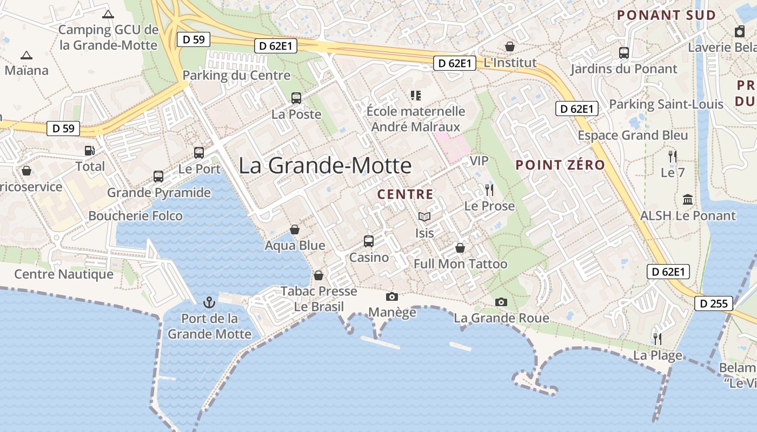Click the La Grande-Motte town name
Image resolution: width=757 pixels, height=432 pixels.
click(x=325, y=165)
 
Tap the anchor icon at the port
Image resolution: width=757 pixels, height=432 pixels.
click(x=209, y=302)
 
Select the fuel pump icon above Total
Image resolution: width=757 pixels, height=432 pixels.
click(x=90, y=151)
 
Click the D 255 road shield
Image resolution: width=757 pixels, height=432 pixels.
click(x=714, y=303)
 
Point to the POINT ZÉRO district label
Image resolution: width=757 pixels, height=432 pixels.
click(x=560, y=165)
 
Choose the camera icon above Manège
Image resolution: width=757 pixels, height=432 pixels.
click(x=392, y=296)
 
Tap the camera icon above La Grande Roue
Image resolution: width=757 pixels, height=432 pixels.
click(x=501, y=302)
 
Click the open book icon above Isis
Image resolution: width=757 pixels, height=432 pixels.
click(x=424, y=217)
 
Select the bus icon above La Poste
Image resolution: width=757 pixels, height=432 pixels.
click(x=296, y=98)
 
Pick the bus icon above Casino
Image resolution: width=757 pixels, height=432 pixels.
click(x=369, y=241)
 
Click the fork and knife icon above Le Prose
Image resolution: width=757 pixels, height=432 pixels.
click(x=489, y=190)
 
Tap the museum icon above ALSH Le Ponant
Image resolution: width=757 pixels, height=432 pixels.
click(x=688, y=200)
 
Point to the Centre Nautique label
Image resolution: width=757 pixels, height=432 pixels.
click(x=64, y=274)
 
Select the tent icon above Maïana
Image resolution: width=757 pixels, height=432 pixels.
click(x=26, y=55)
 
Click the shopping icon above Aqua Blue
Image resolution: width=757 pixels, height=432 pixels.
click(x=295, y=230)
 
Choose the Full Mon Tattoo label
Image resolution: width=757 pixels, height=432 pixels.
click(x=461, y=264)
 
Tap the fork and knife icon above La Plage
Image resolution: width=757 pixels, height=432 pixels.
click(x=658, y=339)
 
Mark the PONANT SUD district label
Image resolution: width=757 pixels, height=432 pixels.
click(x=666, y=15)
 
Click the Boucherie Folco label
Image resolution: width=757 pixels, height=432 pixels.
click(x=135, y=216)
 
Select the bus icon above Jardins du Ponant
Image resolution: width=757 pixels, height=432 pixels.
click(x=624, y=53)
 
